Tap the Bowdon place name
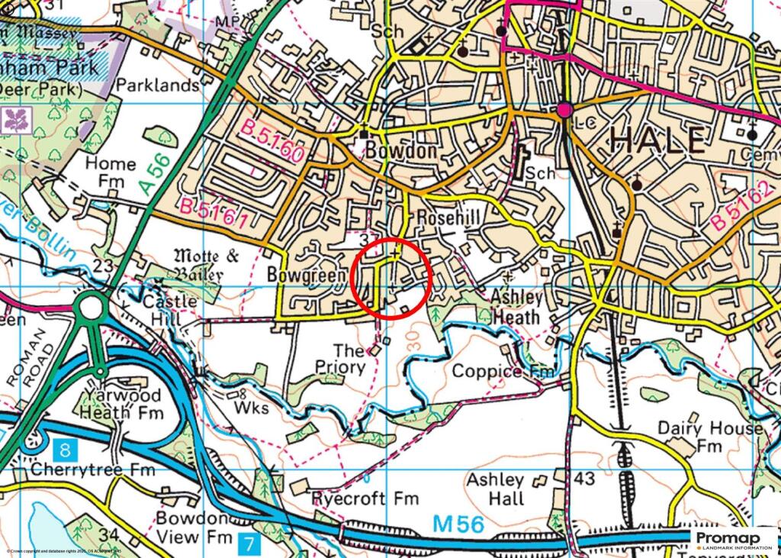pos(401,150)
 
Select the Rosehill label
pos(450,219)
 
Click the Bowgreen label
pos(302,273)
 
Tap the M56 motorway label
pos(458,524)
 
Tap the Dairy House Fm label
pos(709,436)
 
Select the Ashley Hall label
pos(496,489)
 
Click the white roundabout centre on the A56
pos(91,308)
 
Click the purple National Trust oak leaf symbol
pos(14,119)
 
